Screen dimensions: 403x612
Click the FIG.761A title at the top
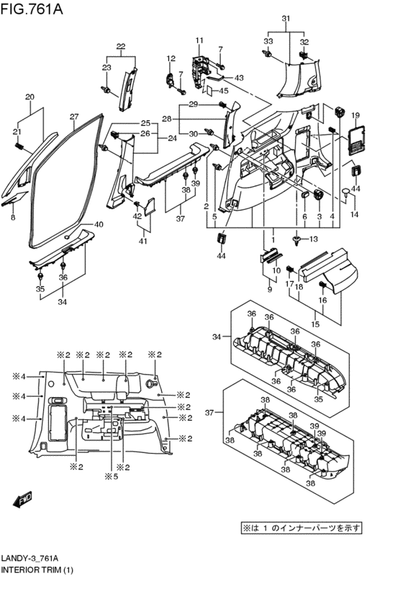[32, 8]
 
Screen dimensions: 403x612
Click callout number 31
[286, 19]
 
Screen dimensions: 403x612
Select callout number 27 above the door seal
[74, 117]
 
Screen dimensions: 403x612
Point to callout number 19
[355, 116]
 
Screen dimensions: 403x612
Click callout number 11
[199, 40]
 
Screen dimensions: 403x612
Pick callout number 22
[121, 47]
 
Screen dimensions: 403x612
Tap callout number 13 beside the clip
[314, 239]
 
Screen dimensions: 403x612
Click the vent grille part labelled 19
[357, 140]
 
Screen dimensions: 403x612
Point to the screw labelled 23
[106, 90]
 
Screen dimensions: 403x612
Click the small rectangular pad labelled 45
[209, 91]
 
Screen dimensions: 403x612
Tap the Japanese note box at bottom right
[301, 529]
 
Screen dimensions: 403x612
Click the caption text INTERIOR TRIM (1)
[37, 570]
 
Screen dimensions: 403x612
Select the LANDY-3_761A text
[30, 559]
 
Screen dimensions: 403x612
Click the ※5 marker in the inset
[112, 476]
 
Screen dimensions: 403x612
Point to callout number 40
[99, 224]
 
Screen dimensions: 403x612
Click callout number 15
[315, 324]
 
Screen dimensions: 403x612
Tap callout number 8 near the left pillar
[13, 217]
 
